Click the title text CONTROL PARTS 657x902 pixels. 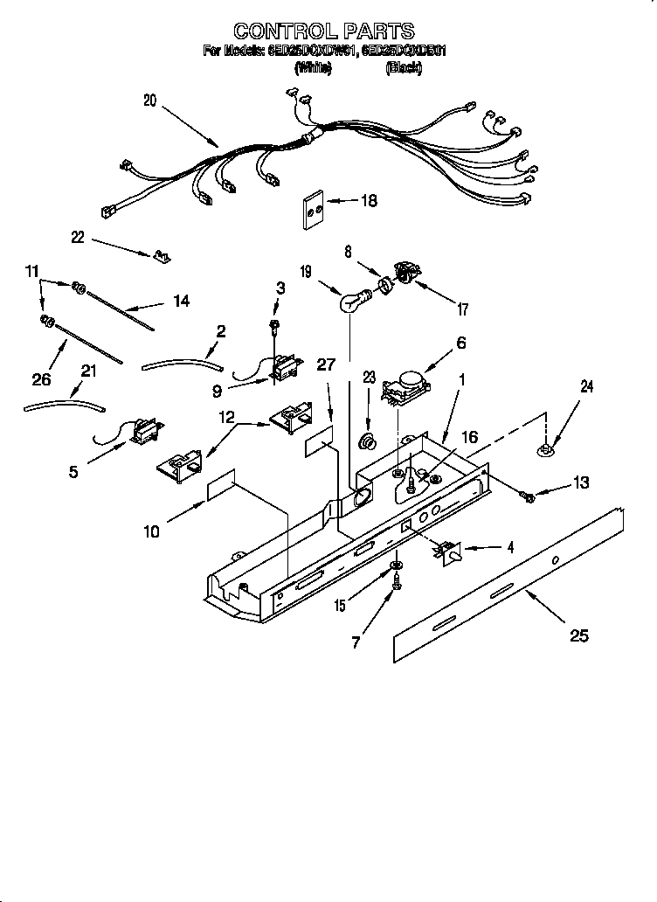tap(325, 32)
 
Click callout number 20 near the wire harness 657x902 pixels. tap(149, 101)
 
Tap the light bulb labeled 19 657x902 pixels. tap(351, 303)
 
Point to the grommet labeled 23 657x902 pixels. tap(370, 437)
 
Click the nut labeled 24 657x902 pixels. tap(546, 450)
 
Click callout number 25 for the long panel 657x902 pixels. tap(578, 635)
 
